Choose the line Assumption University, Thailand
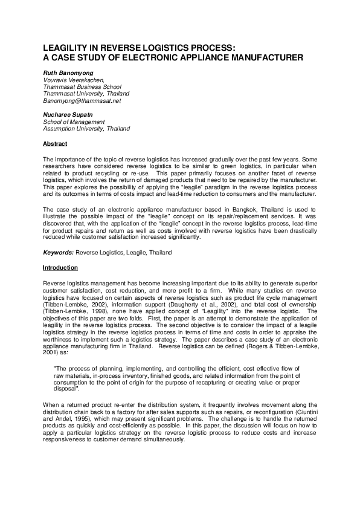[x=86, y=129]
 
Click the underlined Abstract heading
[x=55, y=143]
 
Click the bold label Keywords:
[x=58, y=252]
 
